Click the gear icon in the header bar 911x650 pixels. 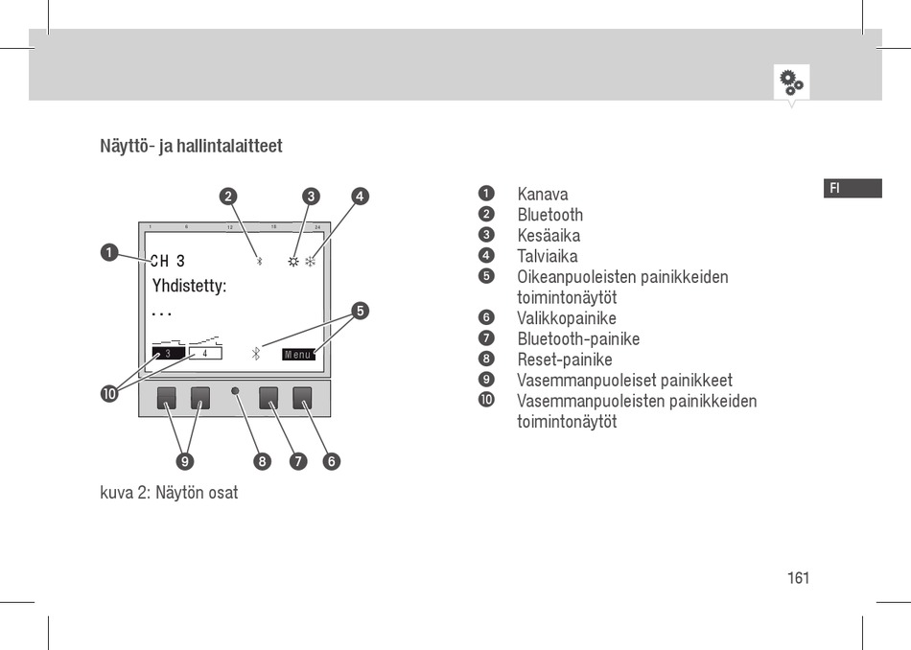click(x=791, y=81)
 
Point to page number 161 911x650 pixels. click(x=799, y=578)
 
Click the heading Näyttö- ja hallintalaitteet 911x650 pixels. click(x=191, y=147)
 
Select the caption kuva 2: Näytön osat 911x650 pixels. click(x=169, y=493)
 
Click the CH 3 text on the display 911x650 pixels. click(x=168, y=261)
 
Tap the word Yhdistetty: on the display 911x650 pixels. click(x=189, y=286)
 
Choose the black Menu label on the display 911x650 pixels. click(x=298, y=355)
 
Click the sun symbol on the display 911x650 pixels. click(x=293, y=261)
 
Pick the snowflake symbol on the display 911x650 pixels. click(x=311, y=261)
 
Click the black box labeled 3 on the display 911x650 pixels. click(x=168, y=354)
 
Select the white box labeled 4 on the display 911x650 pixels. click(x=205, y=354)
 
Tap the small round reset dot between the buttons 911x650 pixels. click(x=235, y=393)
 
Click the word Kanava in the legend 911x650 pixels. click(x=543, y=195)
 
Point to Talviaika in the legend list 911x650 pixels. click(x=548, y=256)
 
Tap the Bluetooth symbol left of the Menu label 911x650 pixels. click(x=256, y=354)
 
